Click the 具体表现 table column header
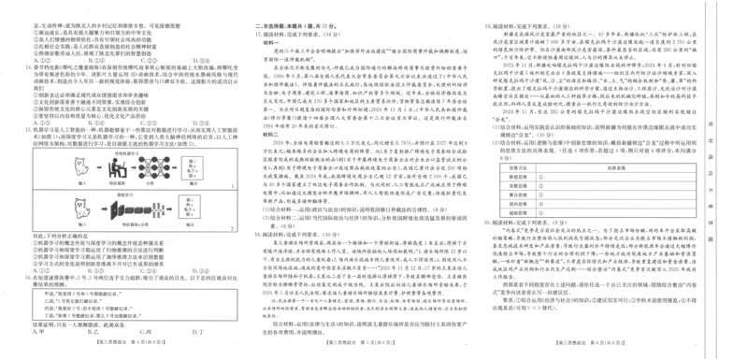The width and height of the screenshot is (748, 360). pos(608,166)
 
